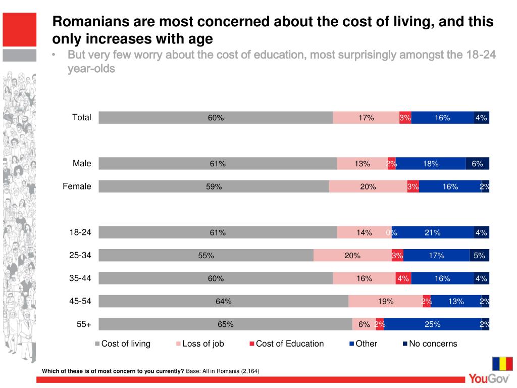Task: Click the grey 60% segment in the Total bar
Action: click(216, 118)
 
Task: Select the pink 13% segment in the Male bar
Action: click(362, 163)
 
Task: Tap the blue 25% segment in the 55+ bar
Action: click(433, 324)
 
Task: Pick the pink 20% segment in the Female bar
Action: click(368, 186)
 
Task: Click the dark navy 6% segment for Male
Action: click(477, 163)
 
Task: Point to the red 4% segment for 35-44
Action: click(403, 278)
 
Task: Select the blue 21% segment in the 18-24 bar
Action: click(433, 232)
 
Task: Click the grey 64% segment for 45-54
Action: click(223, 302)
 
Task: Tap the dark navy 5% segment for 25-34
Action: click(479, 256)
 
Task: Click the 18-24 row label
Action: click(80, 232)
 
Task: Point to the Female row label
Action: click(77, 186)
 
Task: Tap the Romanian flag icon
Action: click(502, 363)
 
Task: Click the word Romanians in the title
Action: click(91, 22)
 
